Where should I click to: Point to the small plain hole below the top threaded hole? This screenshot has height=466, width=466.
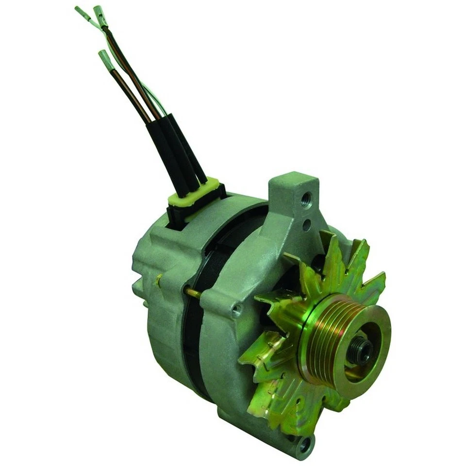click(306, 225)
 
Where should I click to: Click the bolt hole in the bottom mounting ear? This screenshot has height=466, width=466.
click(304, 443)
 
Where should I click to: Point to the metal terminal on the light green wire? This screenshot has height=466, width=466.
click(82, 12)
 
